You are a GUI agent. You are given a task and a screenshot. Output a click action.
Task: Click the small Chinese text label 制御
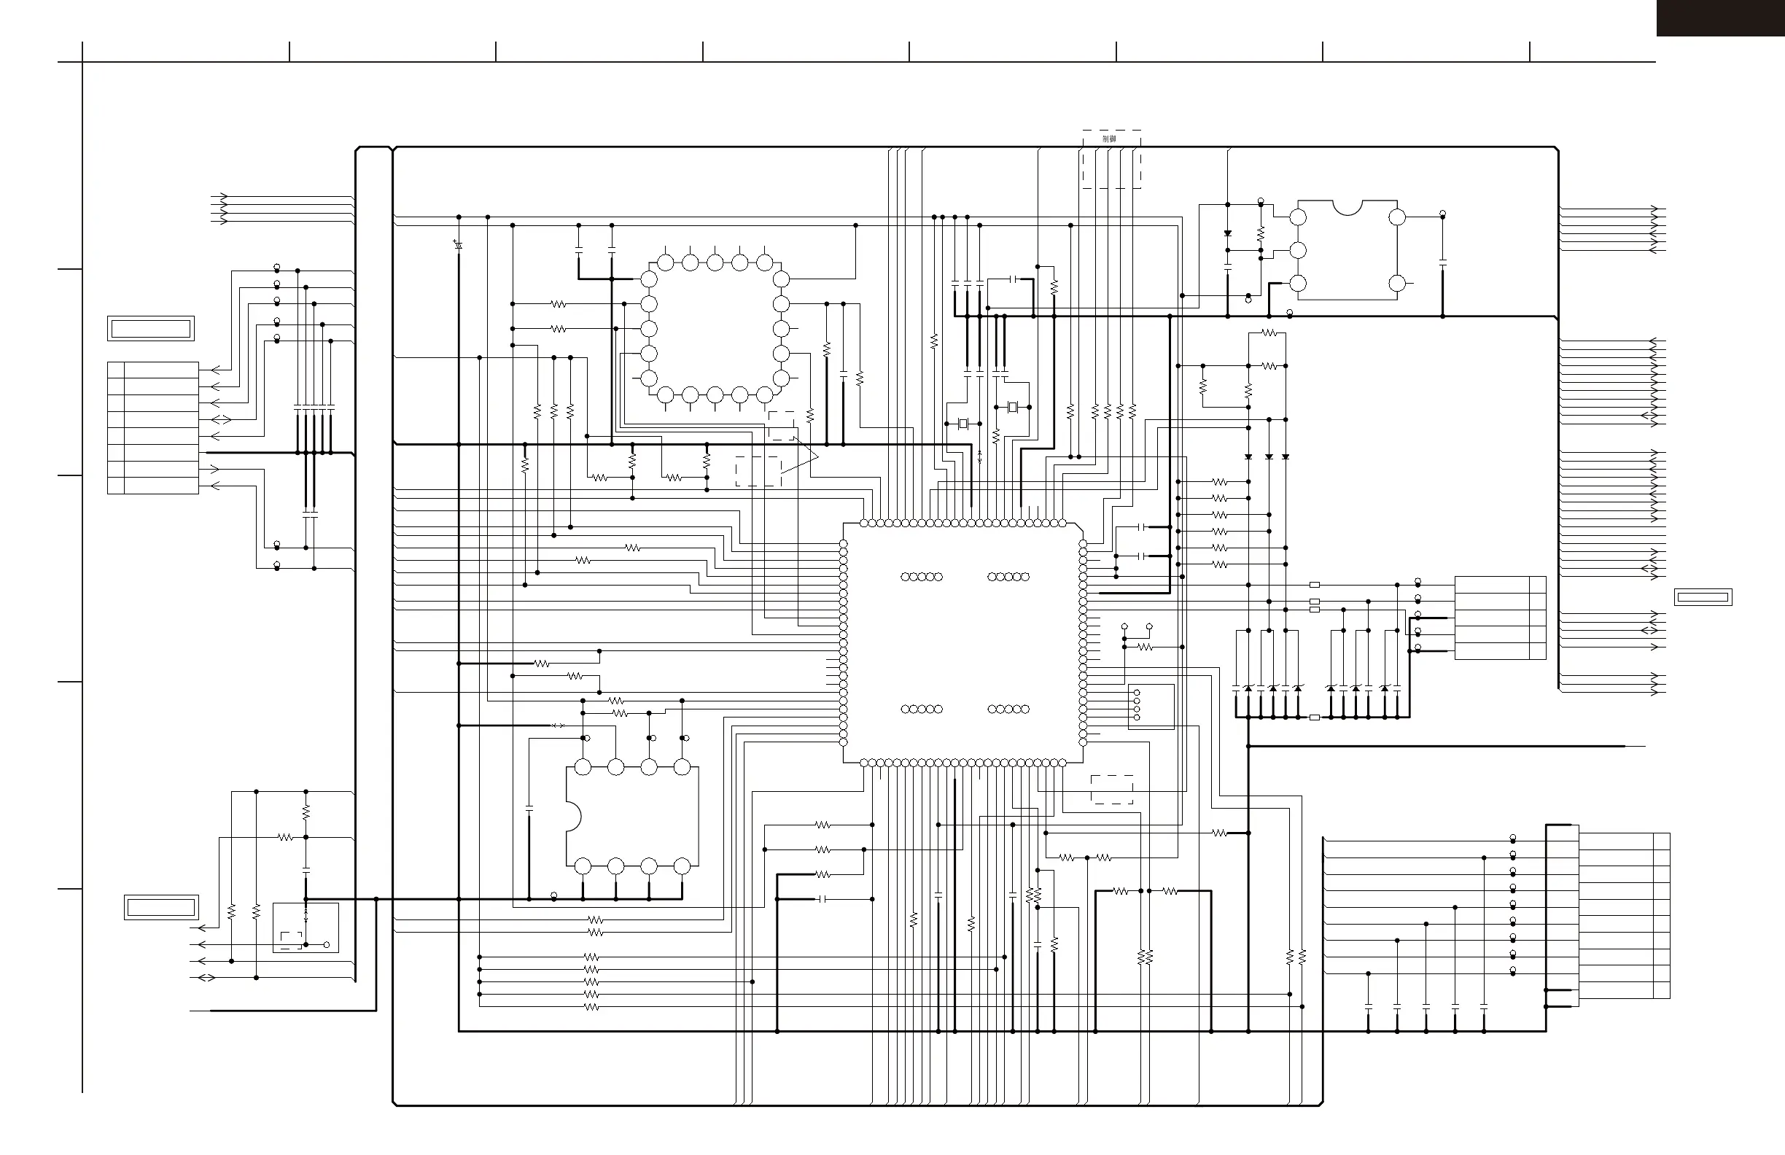(1109, 139)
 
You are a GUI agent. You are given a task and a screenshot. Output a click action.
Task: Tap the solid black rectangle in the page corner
(1720, 18)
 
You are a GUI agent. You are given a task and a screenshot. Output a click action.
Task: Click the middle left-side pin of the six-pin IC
(1298, 251)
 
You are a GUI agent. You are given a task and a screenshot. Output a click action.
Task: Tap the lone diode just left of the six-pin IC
(1228, 234)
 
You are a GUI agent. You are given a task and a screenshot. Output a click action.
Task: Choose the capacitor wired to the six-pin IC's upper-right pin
(1443, 263)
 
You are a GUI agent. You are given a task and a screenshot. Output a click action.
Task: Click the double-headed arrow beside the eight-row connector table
(221, 419)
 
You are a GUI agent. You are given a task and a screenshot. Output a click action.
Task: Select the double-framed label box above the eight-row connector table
(151, 329)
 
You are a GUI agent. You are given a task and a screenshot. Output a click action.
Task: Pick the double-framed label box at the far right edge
(1703, 598)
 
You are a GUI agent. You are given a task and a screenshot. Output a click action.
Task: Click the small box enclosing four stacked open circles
(1151, 706)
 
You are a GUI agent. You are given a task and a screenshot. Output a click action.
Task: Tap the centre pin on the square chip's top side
(715, 262)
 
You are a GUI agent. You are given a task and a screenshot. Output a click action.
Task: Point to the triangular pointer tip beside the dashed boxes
(817, 456)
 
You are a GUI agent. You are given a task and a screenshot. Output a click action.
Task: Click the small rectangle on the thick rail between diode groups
(1314, 717)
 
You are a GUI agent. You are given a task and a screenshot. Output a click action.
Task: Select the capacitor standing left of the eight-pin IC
(529, 809)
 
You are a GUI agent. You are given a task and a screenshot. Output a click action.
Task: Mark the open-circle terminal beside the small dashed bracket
(327, 944)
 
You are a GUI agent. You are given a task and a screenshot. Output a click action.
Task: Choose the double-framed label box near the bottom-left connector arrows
(161, 908)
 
